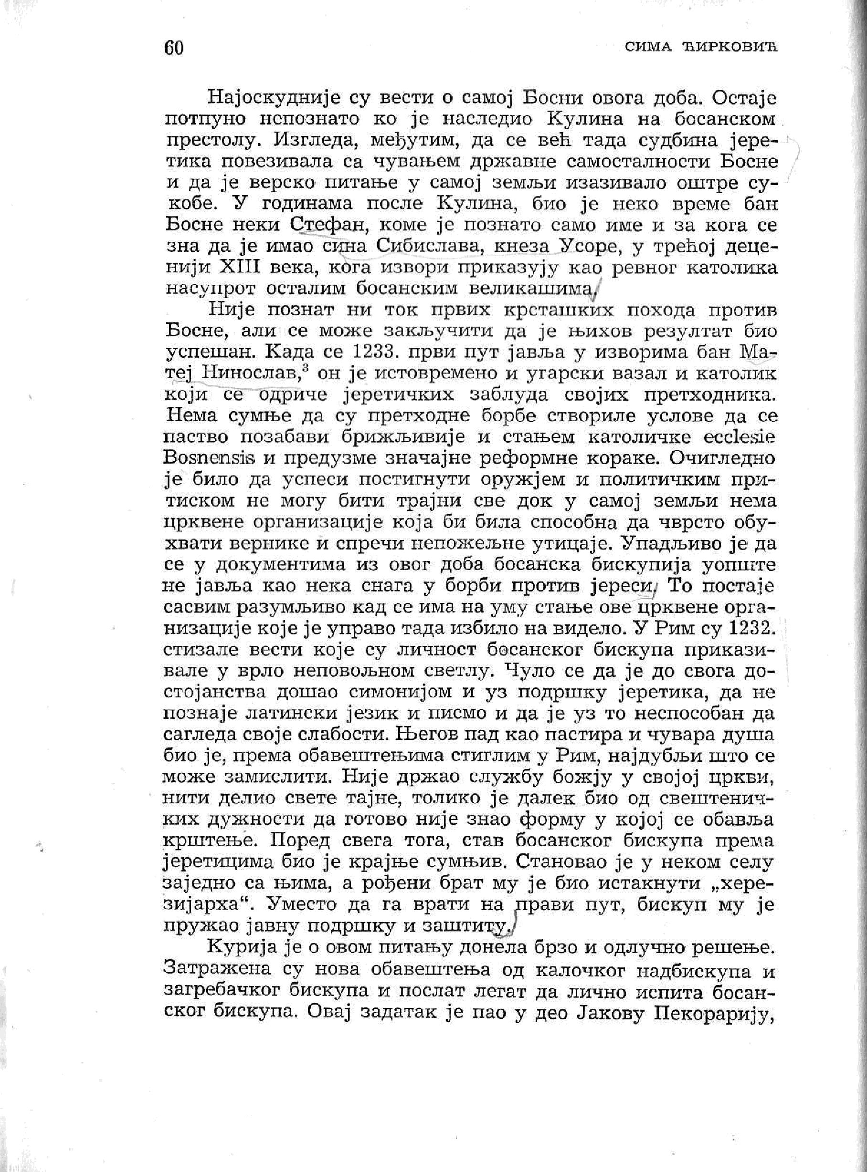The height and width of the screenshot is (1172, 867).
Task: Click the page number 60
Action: [174, 48]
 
